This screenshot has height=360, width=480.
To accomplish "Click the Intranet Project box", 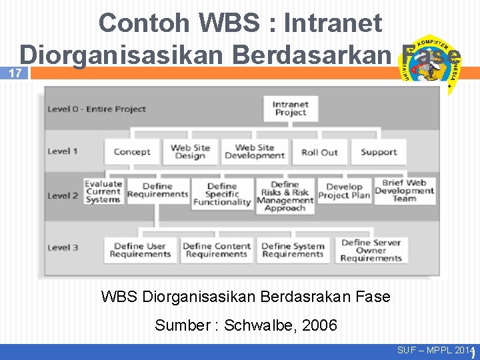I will pyautogui.click(x=291, y=109).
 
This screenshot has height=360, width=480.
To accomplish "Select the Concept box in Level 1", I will pyautogui.click(x=132, y=152).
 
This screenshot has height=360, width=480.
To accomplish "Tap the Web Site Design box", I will pyautogui.click(x=190, y=152).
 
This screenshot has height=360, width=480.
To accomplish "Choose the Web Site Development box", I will pyautogui.click(x=254, y=152).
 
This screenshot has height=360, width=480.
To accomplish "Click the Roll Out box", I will pyautogui.click(x=319, y=152).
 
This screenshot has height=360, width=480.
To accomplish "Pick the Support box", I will pyautogui.click(x=379, y=152).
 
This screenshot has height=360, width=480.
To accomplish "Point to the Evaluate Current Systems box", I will pyautogui.click(x=103, y=192).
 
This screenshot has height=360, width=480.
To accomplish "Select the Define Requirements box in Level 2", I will pyautogui.click(x=157, y=191).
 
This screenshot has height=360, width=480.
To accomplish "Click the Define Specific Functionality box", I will pyautogui.click(x=222, y=195).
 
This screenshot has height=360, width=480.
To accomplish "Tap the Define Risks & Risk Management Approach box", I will pyautogui.click(x=285, y=196).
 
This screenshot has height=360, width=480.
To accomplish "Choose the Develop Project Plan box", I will pyautogui.click(x=344, y=191).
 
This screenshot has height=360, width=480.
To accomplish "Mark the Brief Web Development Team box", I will pyautogui.click(x=404, y=191).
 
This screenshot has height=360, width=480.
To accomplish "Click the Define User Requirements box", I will pyautogui.click(x=140, y=250).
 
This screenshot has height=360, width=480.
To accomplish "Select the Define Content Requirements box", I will pyautogui.click(x=217, y=250).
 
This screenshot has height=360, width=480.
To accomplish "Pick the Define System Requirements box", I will pyautogui.click(x=293, y=250).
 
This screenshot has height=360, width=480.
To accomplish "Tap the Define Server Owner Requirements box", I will pyautogui.click(x=371, y=250).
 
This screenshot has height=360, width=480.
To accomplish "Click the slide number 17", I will pyautogui.click(x=14, y=73).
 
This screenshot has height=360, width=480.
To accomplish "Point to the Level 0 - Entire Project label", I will pyautogui.click(x=97, y=109).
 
